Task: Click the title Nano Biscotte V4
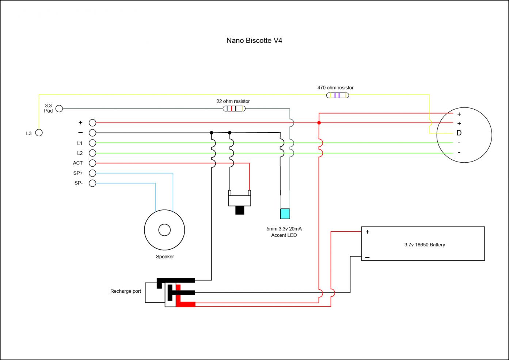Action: click(254, 41)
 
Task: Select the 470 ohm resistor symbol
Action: click(337, 95)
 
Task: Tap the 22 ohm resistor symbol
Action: click(234, 109)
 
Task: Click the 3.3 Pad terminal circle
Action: click(59, 109)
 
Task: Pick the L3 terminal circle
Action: click(39, 133)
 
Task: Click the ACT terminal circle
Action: click(92, 163)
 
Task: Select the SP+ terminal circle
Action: click(92, 173)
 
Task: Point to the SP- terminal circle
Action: click(92, 183)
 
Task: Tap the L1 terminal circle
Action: click(92, 143)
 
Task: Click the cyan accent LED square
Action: click(285, 213)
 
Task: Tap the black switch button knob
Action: click(240, 210)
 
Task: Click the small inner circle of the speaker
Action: click(164, 230)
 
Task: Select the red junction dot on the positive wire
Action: click(319, 123)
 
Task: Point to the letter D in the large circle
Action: click(459, 133)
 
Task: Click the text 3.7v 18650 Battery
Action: click(425, 245)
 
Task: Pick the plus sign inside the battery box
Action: click(367, 232)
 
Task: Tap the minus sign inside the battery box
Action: click(367, 257)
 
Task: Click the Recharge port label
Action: click(125, 291)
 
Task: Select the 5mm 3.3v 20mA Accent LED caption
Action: click(284, 232)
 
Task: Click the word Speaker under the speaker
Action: click(165, 257)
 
